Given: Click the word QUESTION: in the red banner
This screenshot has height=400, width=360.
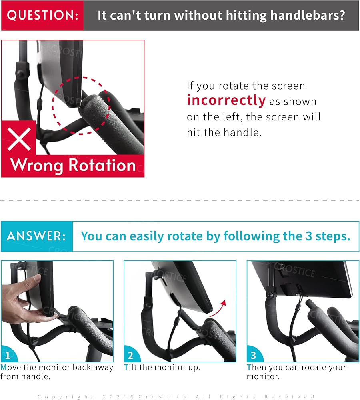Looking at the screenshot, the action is pos(43,15).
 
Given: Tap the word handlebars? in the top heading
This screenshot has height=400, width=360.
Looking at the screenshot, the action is pos(308,15).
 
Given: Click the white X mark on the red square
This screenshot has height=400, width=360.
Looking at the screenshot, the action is pos(19,139).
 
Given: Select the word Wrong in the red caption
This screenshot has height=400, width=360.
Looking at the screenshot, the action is pos(36,165).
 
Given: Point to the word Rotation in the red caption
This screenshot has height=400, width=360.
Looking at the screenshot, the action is pos(102,165).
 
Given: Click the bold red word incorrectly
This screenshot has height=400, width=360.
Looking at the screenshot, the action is pos(226,100).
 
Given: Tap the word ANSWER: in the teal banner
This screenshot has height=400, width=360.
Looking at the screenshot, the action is pos(36,236).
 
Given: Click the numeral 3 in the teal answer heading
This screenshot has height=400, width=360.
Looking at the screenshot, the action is pos(309,236).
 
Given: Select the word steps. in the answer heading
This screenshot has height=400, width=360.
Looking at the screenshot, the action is pos(333,236).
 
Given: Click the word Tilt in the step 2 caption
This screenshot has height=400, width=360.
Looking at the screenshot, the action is pos(131,367).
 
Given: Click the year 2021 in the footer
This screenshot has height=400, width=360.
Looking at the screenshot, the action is pos(115,396).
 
